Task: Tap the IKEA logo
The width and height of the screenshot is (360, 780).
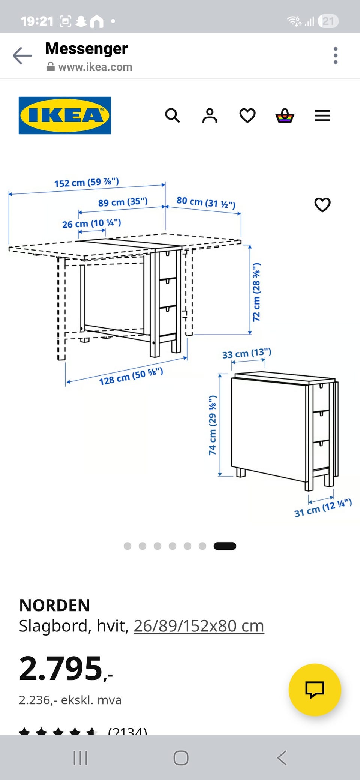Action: [65, 115]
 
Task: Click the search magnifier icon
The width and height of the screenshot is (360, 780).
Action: [172, 115]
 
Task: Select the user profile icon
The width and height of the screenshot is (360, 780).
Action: [210, 115]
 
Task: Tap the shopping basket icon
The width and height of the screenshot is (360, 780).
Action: [285, 115]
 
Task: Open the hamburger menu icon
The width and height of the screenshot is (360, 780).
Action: [322, 115]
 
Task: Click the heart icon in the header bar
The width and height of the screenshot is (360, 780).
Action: [247, 115]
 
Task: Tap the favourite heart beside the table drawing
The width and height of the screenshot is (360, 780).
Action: [322, 205]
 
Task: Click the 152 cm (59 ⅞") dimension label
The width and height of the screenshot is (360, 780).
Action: [87, 182]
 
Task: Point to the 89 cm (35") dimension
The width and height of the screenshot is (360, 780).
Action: [123, 202]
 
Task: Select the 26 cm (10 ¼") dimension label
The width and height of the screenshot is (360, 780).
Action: [91, 223]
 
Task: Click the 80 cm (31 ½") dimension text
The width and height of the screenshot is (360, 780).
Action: [206, 202]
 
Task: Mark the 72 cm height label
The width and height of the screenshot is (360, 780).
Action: [256, 292]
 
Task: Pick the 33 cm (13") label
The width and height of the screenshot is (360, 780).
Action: [247, 353]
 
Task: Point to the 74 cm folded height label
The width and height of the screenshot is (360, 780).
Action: [213, 425]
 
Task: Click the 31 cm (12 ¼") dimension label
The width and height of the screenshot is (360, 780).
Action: [323, 508]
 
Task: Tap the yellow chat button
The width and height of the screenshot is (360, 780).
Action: [315, 690]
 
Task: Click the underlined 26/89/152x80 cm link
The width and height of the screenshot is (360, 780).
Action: [199, 626]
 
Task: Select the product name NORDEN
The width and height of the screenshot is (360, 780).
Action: [55, 605]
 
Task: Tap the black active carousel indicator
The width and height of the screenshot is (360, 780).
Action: [225, 546]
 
